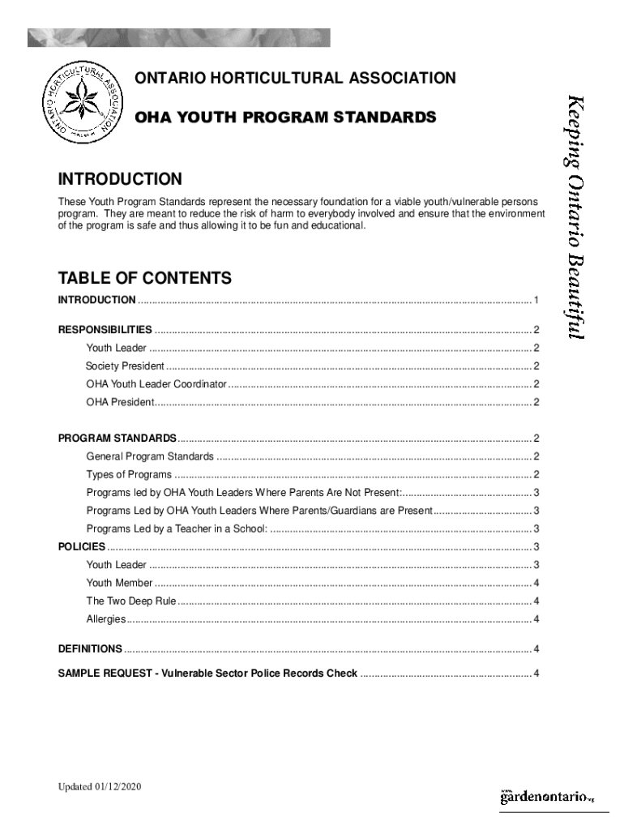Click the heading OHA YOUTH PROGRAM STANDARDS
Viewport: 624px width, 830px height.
(x=285, y=118)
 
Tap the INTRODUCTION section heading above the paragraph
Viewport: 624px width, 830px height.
(x=120, y=178)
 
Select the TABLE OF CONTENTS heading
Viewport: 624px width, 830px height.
(x=145, y=279)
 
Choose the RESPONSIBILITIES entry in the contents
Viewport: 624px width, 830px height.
(x=105, y=330)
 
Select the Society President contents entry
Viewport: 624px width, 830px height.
(x=125, y=366)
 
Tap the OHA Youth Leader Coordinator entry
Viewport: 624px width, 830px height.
(x=156, y=384)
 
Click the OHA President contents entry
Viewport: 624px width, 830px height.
(x=119, y=403)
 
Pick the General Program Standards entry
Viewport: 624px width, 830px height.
(x=150, y=457)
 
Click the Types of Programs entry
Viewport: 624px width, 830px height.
(x=129, y=475)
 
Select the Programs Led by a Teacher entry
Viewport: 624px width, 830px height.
(x=177, y=529)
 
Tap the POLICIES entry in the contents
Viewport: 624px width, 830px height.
(x=82, y=547)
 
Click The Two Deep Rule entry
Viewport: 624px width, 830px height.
(x=131, y=601)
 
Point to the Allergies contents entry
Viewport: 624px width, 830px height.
(x=106, y=620)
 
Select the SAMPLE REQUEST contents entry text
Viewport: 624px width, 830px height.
(x=207, y=674)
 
